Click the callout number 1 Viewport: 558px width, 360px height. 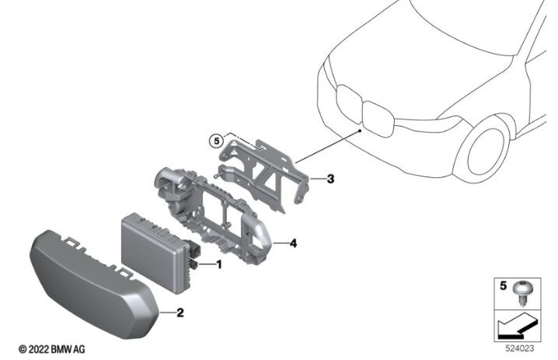pos(219,264)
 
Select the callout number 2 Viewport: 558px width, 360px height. pos(180,313)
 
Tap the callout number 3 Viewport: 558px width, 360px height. pos(330,180)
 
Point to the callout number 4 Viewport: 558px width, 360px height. pos(293,243)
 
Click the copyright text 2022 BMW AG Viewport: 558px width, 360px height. pos(52,350)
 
